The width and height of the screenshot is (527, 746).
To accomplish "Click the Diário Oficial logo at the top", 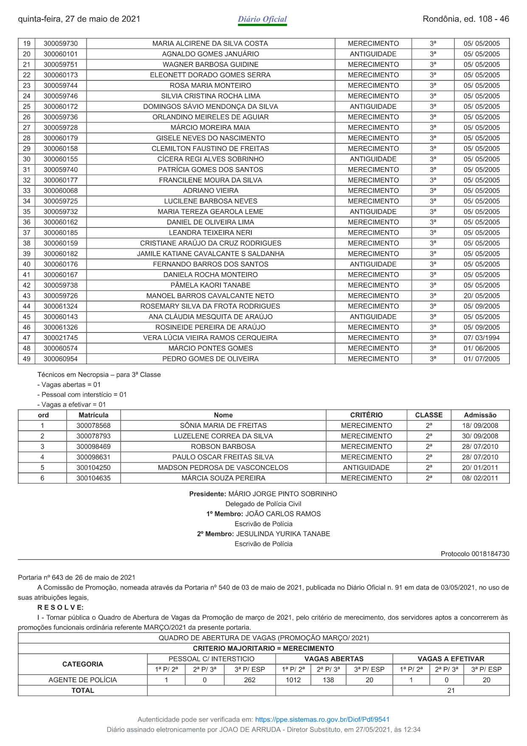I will (262, 19).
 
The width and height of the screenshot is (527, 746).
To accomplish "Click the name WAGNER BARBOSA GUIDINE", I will (210, 65).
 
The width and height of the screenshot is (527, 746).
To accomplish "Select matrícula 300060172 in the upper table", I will (61, 107).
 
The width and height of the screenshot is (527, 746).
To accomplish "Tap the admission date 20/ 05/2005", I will (482, 296).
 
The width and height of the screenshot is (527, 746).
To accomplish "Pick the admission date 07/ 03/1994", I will (482, 338).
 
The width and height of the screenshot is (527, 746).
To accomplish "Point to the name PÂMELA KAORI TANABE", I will (210, 285).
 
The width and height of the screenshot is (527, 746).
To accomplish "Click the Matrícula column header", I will (93, 415).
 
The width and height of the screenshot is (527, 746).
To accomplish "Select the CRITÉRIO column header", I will (366, 415).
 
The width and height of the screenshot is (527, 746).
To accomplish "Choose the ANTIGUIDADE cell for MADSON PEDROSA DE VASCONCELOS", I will (366, 468).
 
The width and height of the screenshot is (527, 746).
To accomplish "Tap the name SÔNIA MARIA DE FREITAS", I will (223, 425).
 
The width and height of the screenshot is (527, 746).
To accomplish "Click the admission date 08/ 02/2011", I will (480, 478).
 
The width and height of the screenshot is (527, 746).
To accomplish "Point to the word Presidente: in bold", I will (208, 494).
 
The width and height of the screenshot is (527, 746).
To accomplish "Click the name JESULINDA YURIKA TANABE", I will (283, 534).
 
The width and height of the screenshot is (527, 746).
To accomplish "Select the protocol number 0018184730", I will (490, 554).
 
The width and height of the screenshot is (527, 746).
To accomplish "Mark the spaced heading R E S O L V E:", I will (61, 607).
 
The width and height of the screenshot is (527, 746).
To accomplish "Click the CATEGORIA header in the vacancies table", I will (82, 664).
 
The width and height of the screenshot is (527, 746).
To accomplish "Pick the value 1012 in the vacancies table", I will (293, 680).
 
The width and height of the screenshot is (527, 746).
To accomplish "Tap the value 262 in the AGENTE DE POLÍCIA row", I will (250, 680).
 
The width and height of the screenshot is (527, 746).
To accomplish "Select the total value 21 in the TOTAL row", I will (451, 691).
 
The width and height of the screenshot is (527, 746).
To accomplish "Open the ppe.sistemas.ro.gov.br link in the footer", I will (322, 720).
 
